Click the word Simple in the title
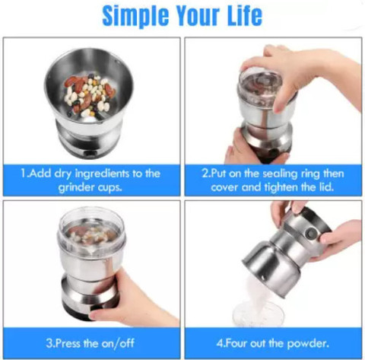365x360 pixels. coord(135,16)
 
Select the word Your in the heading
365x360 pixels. coord(198,15)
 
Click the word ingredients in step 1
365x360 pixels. coord(102,174)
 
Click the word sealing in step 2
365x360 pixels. coord(280,174)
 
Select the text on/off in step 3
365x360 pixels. coord(118,343)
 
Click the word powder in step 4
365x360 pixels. coord(308,344)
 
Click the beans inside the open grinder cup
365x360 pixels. coord(89,94)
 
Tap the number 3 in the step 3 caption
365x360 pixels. coord(49,343)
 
